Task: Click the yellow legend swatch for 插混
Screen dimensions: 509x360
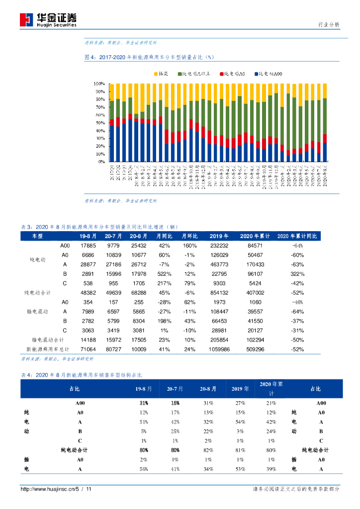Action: coord(155,74)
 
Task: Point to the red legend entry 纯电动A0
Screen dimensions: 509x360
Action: coord(233,74)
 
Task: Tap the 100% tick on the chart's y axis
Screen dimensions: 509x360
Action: coord(99,84)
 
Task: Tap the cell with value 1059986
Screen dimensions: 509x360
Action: coord(219,349)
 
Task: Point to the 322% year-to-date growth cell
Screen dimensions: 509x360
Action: coord(297,274)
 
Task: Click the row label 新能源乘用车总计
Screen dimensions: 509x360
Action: coord(48,349)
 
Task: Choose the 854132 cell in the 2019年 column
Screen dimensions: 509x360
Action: coord(219,293)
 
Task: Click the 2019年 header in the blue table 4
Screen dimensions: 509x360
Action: coord(239,389)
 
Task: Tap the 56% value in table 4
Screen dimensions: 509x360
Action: coord(144,469)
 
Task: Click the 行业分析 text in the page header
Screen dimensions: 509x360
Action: coord(329,24)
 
